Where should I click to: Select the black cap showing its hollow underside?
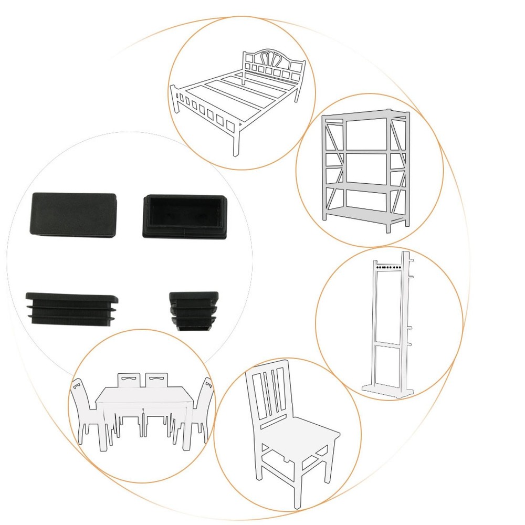[185, 216]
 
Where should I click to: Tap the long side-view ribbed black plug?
[72, 308]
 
